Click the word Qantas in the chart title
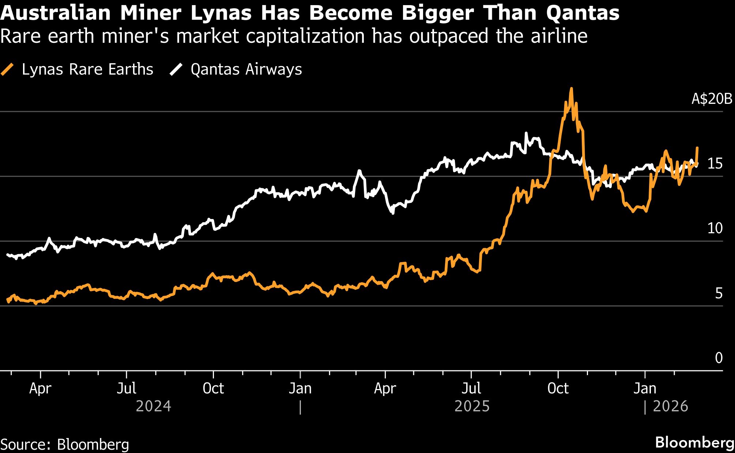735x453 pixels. pos(583,13)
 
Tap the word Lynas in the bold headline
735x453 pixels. pos(221,13)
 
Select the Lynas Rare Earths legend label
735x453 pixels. pos(87,69)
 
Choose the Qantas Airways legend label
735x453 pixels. pos(246,69)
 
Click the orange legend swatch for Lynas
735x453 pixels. pos(7,69)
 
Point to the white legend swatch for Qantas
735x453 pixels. pos(176,69)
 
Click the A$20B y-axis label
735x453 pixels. pos(712,99)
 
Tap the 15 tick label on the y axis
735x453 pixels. pos(715,164)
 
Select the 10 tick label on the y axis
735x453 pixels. pos(715,229)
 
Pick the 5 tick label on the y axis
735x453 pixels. pos(719,293)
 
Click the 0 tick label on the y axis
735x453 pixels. pos(719,358)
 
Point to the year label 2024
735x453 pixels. pos(153,406)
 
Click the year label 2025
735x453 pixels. pos(472,406)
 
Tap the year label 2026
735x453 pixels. pos(670,406)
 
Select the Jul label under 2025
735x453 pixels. pos(471,388)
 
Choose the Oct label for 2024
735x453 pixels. pos(213,388)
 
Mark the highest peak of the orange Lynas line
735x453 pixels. pos(571,89)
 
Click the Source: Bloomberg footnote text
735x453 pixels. pos(65,445)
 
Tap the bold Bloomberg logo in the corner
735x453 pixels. pos(694,442)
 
